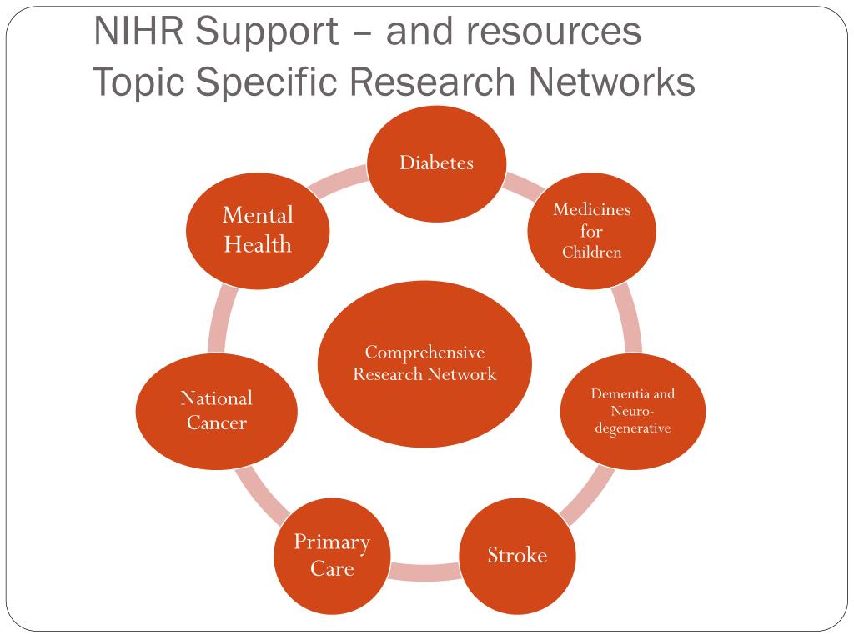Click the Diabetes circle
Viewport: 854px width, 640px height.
point(437,163)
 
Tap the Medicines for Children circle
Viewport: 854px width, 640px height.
point(592,231)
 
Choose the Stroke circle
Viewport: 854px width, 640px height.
point(517,555)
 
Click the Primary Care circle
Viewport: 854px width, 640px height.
point(332,555)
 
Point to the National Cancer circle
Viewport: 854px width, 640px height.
point(217,410)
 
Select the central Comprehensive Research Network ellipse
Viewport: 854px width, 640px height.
point(425,363)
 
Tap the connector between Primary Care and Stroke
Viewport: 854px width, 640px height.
point(424,572)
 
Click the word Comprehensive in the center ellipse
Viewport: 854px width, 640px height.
point(424,352)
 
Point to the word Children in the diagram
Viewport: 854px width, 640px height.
point(592,252)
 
